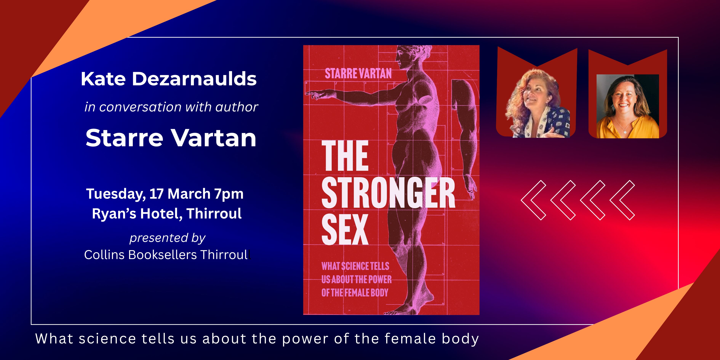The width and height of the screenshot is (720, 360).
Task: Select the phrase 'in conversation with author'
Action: (171, 107)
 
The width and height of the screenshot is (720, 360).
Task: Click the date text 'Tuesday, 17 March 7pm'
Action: (165, 194)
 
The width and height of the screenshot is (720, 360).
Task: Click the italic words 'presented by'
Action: (167, 238)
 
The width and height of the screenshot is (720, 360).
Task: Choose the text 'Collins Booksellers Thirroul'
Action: (166, 255)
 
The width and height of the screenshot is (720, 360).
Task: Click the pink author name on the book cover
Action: (358, 74)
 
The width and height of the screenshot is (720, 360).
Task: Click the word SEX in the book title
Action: (345, 230)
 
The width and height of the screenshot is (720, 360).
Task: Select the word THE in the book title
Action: (345, 155)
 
